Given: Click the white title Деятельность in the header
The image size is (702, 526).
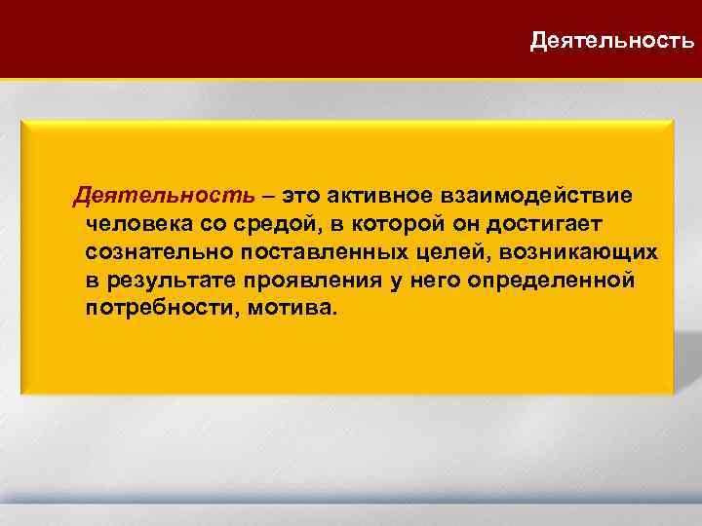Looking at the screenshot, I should point(612,41).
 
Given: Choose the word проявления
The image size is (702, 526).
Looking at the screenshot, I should point(307,281).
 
